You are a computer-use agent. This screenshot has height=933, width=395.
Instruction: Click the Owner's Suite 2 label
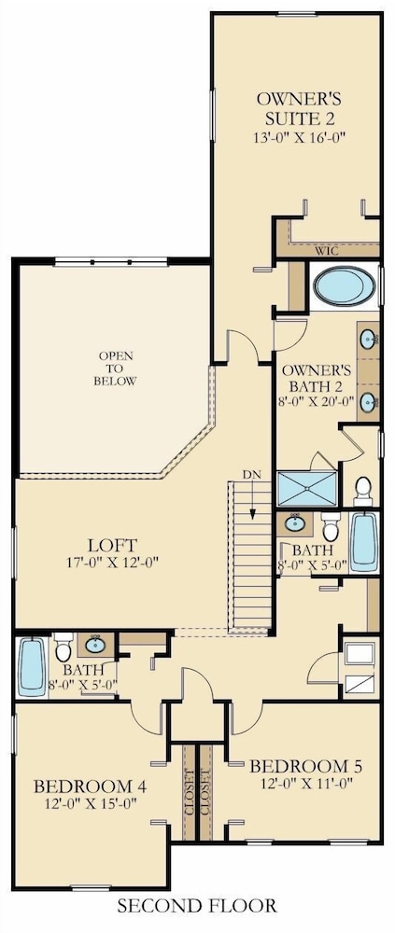299,106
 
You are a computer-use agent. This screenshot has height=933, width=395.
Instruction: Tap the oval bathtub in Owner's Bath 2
345,286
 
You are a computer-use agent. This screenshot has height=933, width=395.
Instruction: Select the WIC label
327,251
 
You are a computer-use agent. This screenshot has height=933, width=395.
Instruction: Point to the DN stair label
250,474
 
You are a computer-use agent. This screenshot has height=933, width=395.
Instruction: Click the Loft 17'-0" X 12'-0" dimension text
113,561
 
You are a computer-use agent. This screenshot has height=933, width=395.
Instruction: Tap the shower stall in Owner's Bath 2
307,488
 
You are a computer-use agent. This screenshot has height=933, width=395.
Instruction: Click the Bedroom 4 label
90,787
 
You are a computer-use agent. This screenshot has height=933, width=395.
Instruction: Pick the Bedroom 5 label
305,765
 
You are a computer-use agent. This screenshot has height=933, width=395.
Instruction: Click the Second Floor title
197,906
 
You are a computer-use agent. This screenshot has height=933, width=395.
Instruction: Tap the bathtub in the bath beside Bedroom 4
31,668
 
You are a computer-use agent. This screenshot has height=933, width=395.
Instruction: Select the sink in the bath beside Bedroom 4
94,645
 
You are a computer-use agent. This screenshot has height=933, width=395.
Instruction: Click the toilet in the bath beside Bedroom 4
63,648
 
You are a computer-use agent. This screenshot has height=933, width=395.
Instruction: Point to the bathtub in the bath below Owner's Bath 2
363,542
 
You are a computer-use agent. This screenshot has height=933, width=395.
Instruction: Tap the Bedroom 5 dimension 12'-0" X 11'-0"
305,783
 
